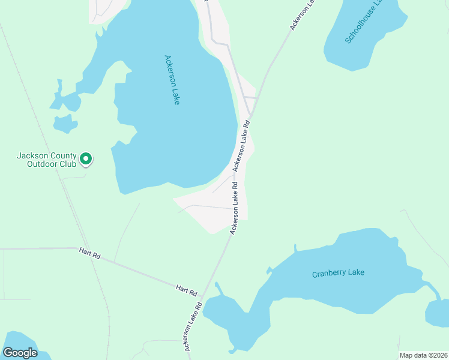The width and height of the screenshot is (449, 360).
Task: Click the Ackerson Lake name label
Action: click(x=172, y=80)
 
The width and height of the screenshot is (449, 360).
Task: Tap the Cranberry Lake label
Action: click(x=338, y=274)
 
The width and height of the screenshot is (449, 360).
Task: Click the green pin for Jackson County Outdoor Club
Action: click(x=86, y=159)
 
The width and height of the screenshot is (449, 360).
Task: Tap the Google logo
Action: click(x=20, y=353)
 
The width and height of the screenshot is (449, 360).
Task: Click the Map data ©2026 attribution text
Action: click(x=423, y=355)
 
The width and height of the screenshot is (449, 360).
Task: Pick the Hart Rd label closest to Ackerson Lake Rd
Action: click(x=187, y=291)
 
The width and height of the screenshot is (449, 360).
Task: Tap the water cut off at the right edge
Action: click(x=439, y=313)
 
